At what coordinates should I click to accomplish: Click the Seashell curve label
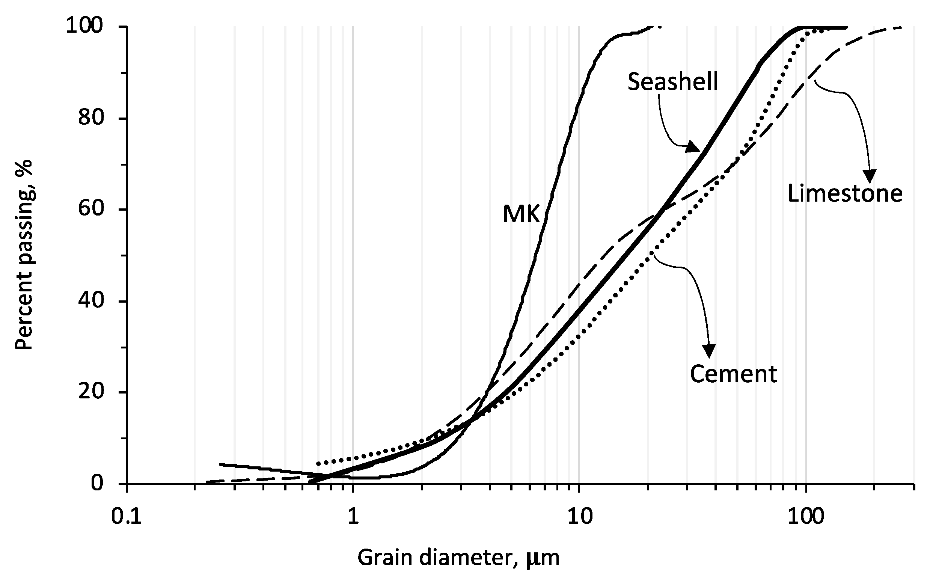tap(672, 81)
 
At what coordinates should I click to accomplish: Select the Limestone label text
tap(844, 193)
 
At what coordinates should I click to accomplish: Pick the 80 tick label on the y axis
tap(91, 118)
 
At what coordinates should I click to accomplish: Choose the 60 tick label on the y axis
tap(91, 210)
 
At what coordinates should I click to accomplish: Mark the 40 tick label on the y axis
tap(91, 301)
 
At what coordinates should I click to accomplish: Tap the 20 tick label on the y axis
tap(91, 392)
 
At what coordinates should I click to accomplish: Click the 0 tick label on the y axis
tap(98, 484)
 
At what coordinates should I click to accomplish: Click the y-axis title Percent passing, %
tap(24, 255)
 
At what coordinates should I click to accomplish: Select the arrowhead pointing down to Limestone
tap(870, 176)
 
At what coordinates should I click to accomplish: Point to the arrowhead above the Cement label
tap(708, 350)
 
